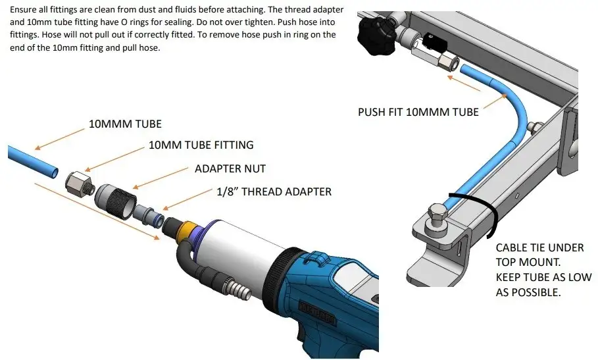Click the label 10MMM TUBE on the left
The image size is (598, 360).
tap(126, 123)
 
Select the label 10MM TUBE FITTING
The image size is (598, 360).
tap(201, 144)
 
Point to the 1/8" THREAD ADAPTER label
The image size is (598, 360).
tap(274, 192)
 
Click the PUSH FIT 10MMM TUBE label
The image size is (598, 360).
tap(418, 112)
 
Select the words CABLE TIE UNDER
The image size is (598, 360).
tap(539, 247)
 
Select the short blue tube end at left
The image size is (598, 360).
tap(29, 161)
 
